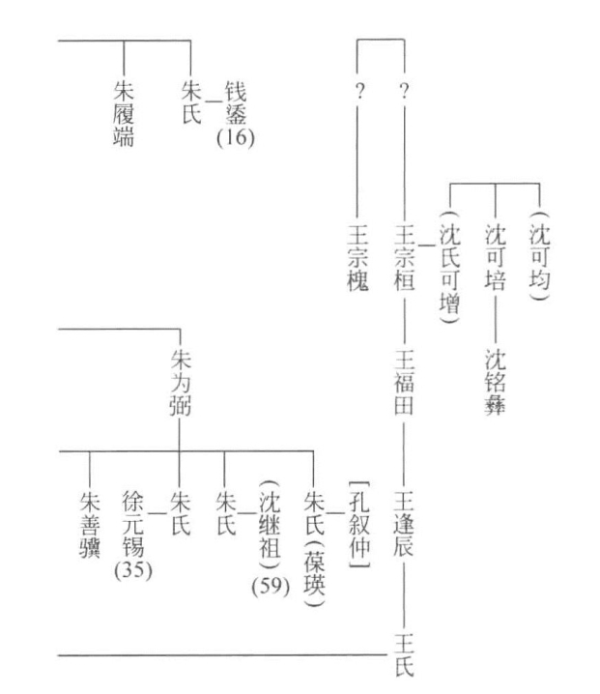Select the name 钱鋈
click(x=235, y=103)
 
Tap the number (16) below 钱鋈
click(x=235, y=138)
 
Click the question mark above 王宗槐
click(x=358, y=94)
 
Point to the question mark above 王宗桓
click(x=404, y=94)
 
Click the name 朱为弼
click(x=180, y=385)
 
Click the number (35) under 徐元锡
click(x=133, y=568)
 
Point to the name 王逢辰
click(x=405, y=525)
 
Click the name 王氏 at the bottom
click(x=405, y=654)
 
